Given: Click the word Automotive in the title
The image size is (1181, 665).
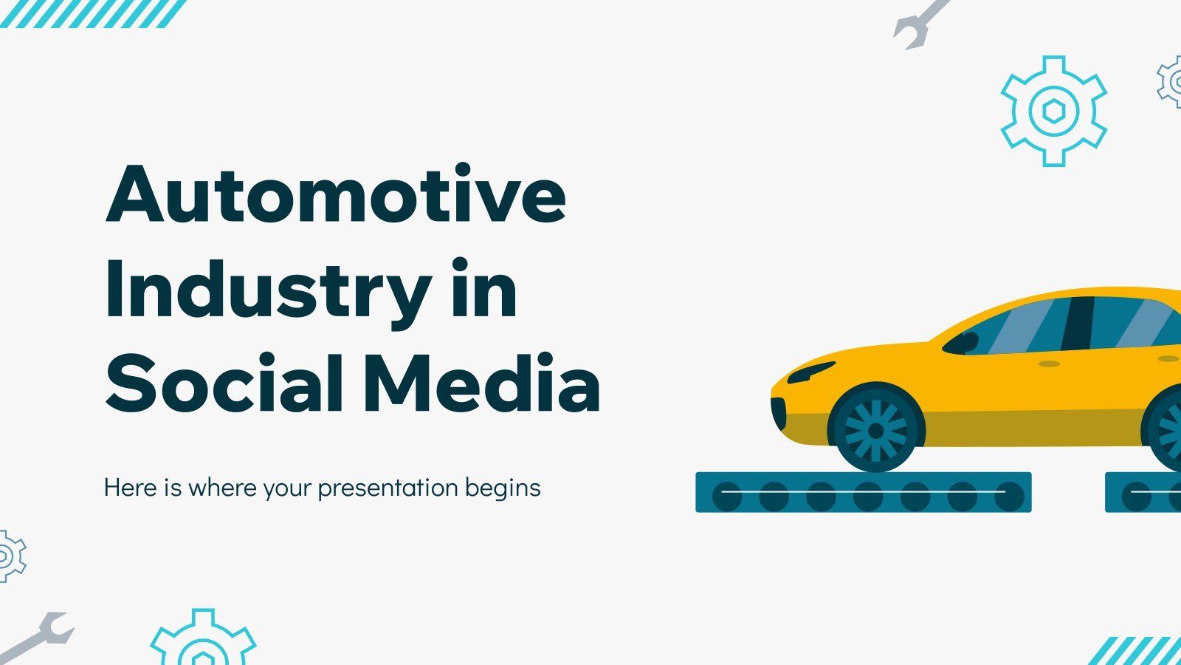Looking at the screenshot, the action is point(336,194).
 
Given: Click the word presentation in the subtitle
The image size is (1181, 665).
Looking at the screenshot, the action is point(388,488).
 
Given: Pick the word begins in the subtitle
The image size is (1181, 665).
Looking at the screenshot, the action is point(503,488).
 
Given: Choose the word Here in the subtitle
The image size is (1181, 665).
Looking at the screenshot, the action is point(130,487).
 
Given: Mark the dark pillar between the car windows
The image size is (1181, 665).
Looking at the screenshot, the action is point(1078,323).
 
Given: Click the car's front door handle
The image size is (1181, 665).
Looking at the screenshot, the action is point(1049,364).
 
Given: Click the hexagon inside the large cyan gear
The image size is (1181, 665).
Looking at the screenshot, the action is point(1054,111).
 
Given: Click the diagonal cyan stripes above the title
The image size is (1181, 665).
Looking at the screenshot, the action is point(93,14).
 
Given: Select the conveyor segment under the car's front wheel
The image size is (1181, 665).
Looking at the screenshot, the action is point(864,492).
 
